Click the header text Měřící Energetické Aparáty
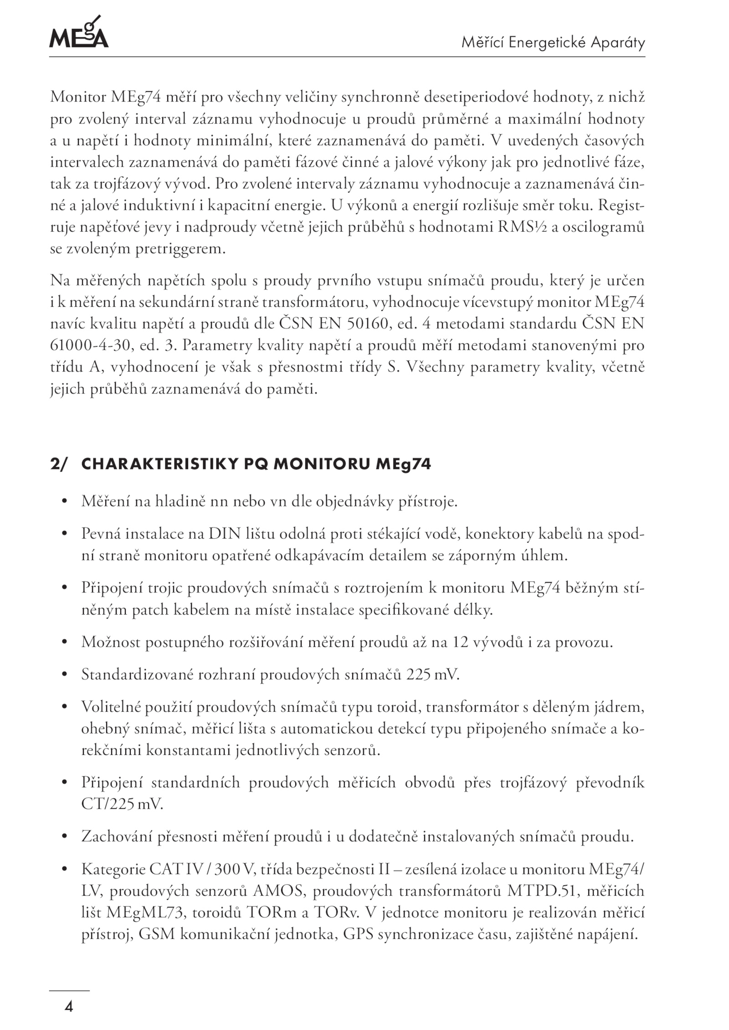553,43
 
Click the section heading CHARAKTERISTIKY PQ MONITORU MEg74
256,464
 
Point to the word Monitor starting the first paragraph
77,97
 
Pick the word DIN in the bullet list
224,534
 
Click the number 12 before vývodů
463,642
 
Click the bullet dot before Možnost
65,642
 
